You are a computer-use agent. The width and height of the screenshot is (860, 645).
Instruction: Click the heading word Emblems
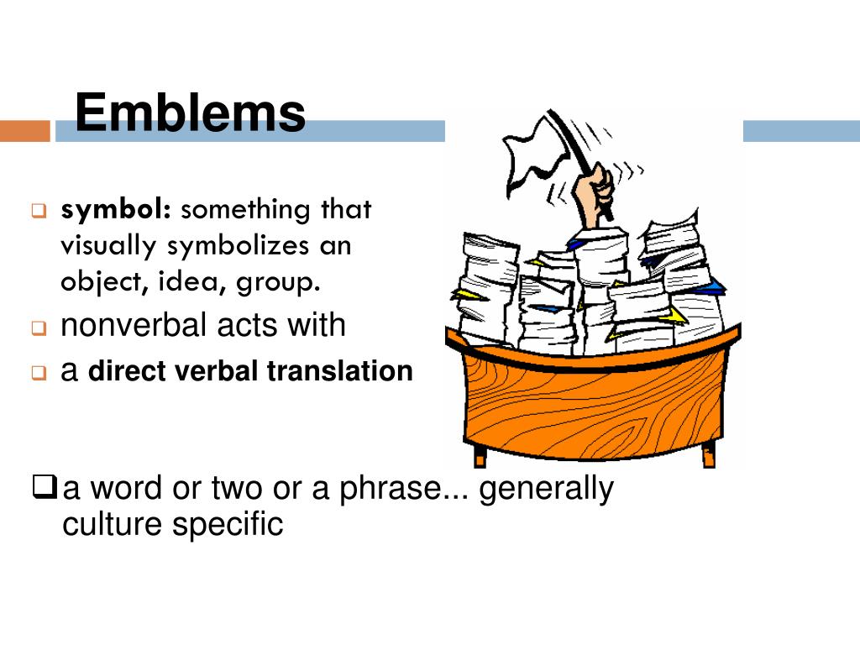coord(190,113)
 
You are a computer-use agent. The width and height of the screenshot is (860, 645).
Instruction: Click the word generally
coord(547,490)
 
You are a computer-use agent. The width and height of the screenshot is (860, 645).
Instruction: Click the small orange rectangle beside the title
coord(25,131)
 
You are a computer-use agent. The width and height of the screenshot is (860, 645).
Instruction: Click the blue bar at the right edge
coord(801,131)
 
